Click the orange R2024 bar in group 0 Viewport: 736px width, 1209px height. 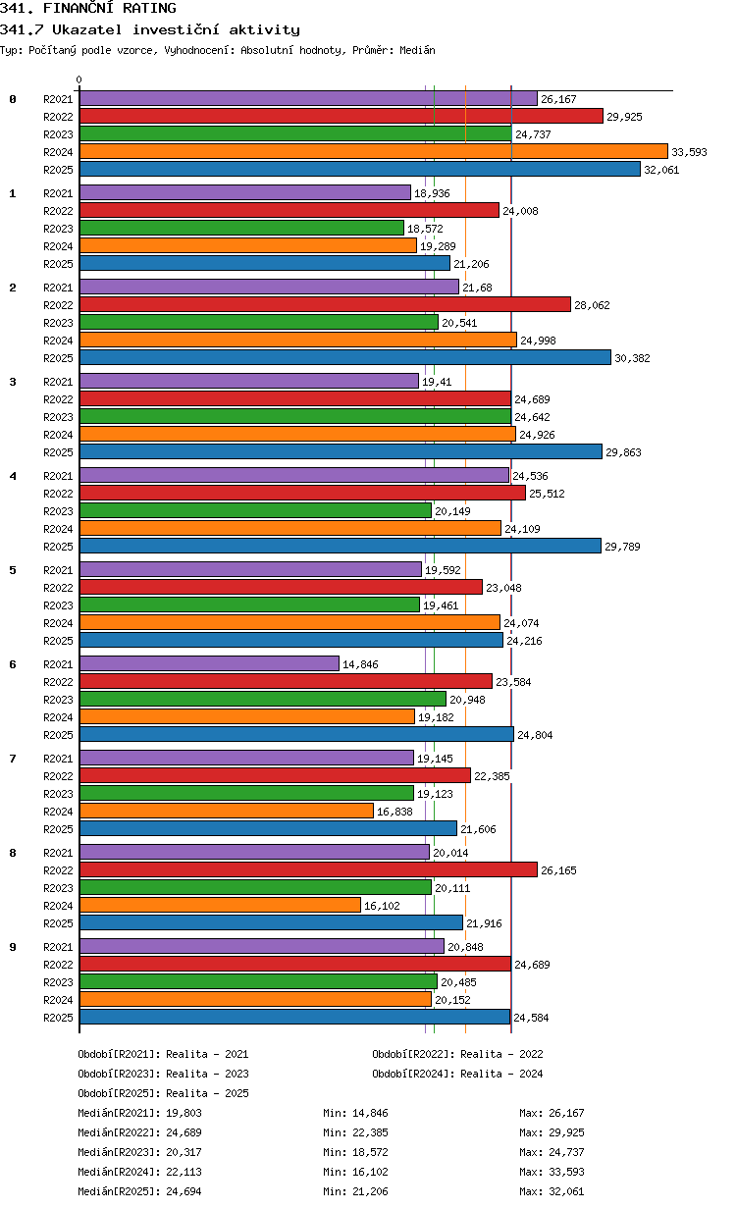coord(373,152)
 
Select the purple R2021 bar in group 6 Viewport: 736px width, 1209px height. coord(209,663)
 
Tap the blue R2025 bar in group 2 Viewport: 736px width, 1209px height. coord(345,357)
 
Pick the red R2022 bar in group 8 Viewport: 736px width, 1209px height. coord(309,869)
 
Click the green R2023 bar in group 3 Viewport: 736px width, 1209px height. coord(295,417)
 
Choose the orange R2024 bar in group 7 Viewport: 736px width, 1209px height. coord(227,811)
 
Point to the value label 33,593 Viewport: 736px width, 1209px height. coord(689,152)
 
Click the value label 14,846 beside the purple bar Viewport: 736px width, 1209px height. coord(360,664)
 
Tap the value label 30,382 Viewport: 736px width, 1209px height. coord(632,358)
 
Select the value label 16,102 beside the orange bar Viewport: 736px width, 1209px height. coord(382,906)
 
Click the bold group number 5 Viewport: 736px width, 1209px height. coord(13,570)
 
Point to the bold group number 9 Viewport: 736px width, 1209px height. coord(13,947)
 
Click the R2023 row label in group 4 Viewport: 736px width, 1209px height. coord(58,511)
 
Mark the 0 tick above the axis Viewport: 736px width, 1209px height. coord(79,79)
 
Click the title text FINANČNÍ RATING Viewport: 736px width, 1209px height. coord(110,8)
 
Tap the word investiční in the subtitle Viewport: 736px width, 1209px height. coord(176,29)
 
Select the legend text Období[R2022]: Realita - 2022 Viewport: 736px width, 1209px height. coord(457,1054)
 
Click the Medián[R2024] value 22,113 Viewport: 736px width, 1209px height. coord(184,1172)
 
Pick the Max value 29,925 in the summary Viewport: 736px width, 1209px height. coord(566,1132)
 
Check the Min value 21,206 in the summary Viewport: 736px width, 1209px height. coord(370,1191)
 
